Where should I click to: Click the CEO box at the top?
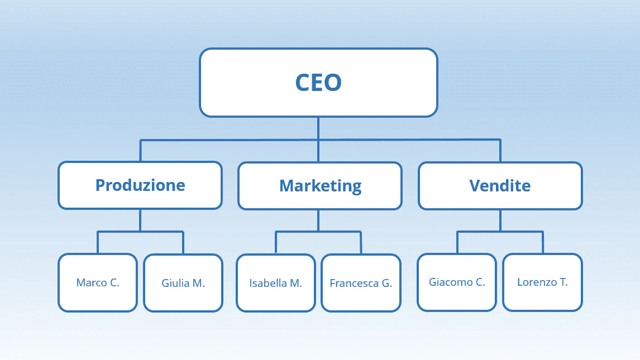pos(318,83)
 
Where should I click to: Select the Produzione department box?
pos(140,185)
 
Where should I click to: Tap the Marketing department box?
pos(320,186)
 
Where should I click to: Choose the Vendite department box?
pos(500,186)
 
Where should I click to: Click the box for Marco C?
pos(98,282)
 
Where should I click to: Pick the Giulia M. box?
pos(183,283)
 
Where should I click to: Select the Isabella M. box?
pos(276,283)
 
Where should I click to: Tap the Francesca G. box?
pos(361,283)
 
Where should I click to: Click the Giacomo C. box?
pos(457,282)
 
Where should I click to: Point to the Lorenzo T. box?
pos(542,282)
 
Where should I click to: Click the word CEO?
pos(318,83)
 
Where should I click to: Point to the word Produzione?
pos(140,185)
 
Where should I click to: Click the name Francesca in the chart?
pos(354,283)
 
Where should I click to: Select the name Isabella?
pos(268,283)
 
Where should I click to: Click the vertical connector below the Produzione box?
pos(140,220)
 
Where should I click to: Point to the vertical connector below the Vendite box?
pos(500,220)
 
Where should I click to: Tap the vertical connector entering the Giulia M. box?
pos(183,243)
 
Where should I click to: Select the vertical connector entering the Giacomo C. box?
pos(457,243)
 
